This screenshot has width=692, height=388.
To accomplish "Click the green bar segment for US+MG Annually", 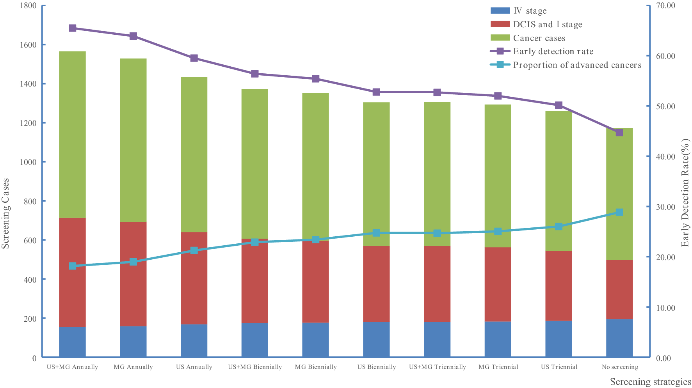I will click(x=72, y=135).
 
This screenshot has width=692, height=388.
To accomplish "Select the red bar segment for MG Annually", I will click(x=133, y=274).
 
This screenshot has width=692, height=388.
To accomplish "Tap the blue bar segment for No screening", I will click(x=619, y=338).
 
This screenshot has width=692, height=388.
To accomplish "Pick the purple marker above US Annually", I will click(x=194, y=58).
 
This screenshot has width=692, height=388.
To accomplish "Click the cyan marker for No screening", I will click(x=619, y=213).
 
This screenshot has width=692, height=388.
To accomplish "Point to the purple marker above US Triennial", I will click(x=559, y=105).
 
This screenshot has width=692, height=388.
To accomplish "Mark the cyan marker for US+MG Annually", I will click(x=72, y=266).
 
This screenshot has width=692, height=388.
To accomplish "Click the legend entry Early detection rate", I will click(x=553, y=51).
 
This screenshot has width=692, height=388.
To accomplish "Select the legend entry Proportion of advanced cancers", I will click(x=577, y=65).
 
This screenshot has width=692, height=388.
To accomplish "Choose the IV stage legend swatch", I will click(x=500, y=11).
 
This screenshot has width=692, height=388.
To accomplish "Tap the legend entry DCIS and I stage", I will click(x=547, y=25).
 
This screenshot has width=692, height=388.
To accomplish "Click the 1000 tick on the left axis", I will click(x=28, y=162).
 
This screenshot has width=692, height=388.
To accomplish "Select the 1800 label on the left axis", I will click(x=28, y=6).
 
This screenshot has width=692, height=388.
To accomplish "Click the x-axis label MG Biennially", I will click(x=316, y=367).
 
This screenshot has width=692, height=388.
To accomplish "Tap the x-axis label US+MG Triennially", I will click(x=437, y=367).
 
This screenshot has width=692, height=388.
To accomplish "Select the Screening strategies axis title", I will click(x=650, y=382).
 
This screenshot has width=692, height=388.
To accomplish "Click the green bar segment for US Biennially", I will click(x=376, y=174).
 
